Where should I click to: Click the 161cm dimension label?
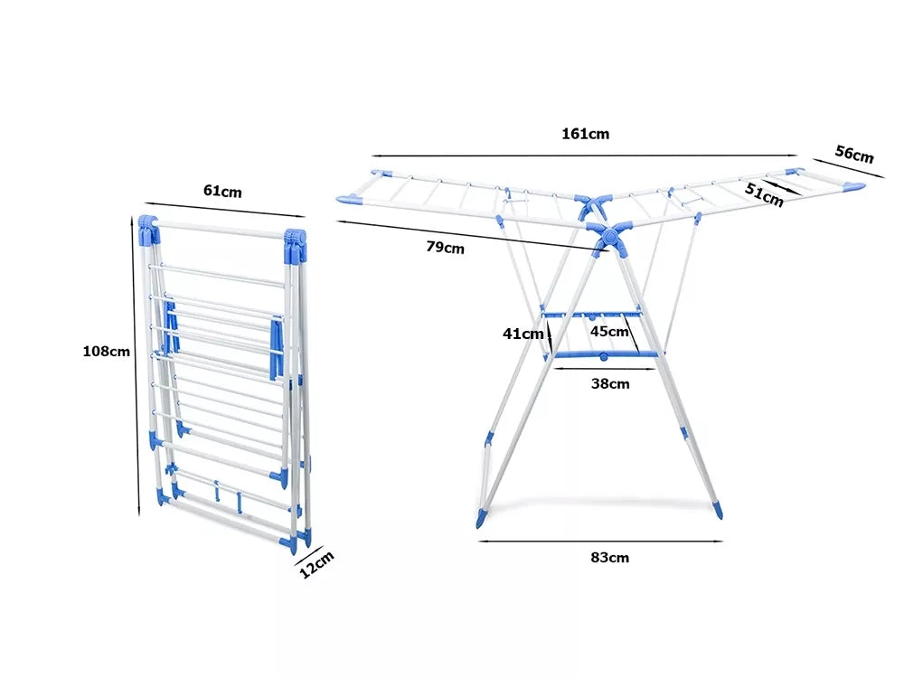(x=585, y=134)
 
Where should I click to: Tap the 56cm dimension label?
(x=854, y=154)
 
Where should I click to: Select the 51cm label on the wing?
(x=764, y=194)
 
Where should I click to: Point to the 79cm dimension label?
(x=445, y=248)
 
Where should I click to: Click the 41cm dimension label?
(x=523, y=334)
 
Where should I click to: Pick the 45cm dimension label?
(x=609, y=332)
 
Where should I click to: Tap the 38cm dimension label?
(x=610, y=384)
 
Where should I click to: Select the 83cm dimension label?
(x=609, y=558)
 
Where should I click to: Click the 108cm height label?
(x=106, y=351)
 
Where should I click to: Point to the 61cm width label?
(x=222, y=191)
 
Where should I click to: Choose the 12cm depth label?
(x=316, y=564)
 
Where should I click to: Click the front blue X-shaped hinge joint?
(x=608, y=236)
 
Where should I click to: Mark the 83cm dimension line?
(x=600, y=541)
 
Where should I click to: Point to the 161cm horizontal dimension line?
(x=585, y=155)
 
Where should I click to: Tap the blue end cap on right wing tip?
(x=854, y=187)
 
